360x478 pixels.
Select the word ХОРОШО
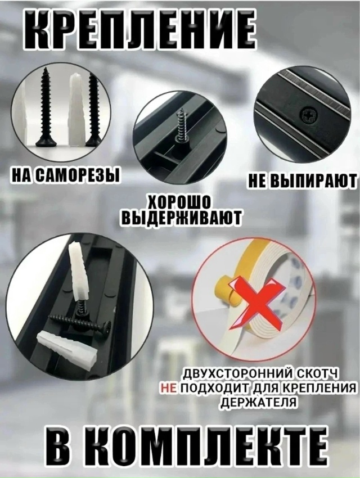point(179,201)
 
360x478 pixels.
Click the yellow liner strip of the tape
point(225,281)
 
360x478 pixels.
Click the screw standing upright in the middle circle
point(181,128)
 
